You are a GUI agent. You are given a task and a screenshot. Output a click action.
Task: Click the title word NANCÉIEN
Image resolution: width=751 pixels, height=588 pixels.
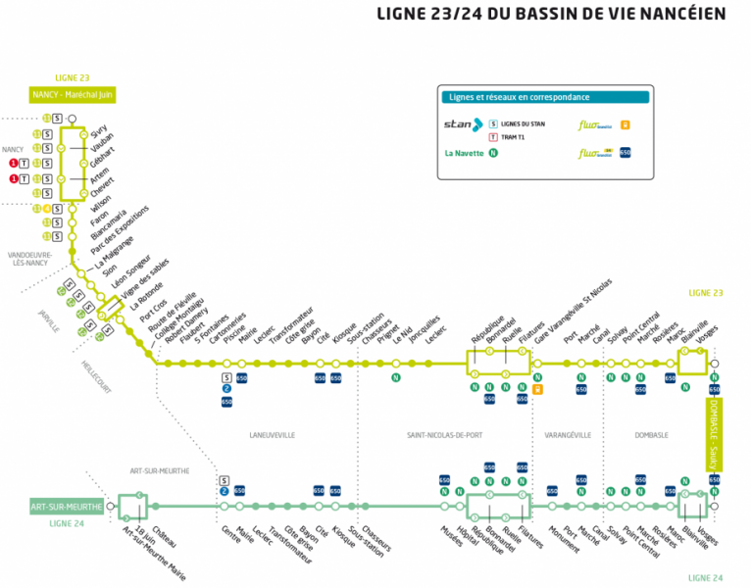678,14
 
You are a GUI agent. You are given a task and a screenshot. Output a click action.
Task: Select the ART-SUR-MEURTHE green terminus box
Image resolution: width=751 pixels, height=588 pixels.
67,507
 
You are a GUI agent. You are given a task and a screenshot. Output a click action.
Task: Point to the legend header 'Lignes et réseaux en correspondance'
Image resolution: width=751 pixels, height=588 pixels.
517,97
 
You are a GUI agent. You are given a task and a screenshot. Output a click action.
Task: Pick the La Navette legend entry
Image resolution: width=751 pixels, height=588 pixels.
465,153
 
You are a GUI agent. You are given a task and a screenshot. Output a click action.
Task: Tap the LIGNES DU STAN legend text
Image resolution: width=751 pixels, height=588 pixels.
523,124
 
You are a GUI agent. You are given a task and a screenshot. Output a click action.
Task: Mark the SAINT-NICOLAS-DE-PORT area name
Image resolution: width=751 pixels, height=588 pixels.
452,434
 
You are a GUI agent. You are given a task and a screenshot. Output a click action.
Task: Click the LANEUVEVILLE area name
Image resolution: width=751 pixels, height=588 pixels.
274,434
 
